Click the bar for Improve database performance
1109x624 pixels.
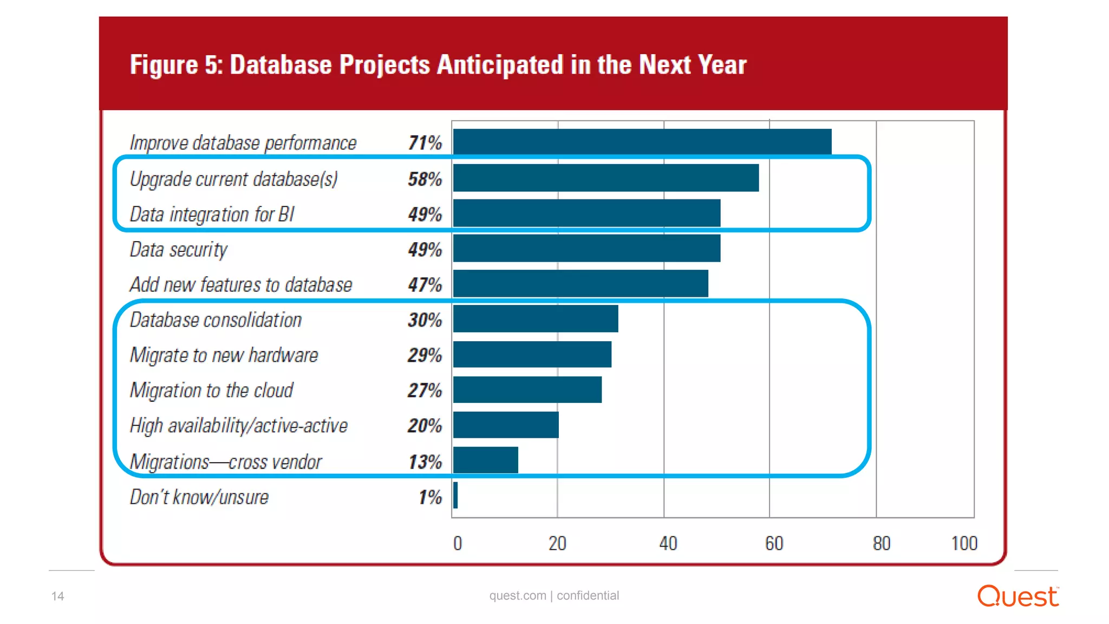(x=642, y=142)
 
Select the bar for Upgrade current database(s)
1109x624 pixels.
(x=605, y=178)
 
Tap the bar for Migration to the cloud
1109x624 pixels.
(x=527, y=390)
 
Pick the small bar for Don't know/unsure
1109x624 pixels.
(x=455, y=496)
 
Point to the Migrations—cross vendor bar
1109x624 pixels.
(x=486, y=460)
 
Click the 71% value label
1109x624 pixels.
(x=425, y=143)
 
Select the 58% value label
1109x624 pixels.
(x=425, y=179)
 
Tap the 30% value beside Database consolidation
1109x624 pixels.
(x=425, y=320)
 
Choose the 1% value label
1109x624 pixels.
(x=430, y=497)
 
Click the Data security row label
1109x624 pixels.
(x=179, y=250)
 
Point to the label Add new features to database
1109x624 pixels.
(x=241, y=285)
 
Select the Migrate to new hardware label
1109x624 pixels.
(x=224, y=355)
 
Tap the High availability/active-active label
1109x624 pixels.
(x=239, y=426)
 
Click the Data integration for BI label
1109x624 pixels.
(x=212, y=214)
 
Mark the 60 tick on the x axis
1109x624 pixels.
(x=774, y=543)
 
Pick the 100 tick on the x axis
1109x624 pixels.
(x=964, y=543)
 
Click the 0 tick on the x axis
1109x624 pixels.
(x=458, y=543)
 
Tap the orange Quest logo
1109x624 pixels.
(x=1018, y=596)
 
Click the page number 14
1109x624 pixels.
(x=58, y=596)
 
